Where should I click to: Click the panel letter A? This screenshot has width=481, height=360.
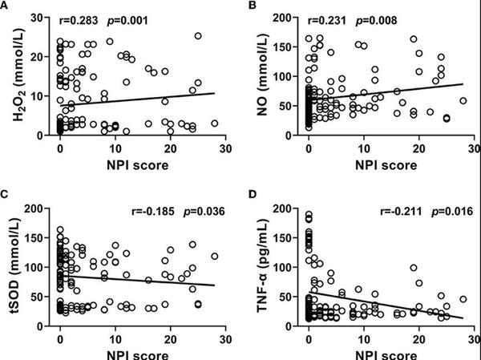coord(6,6)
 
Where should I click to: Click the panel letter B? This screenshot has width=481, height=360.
coord(251,6)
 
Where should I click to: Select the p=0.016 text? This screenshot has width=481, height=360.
coord(435,212)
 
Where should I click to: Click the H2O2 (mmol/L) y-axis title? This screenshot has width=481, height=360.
coord(16,78)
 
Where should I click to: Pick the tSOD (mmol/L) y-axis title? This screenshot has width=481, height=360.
coord(16,265)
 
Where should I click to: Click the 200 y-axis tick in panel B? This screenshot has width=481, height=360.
coord(290,18)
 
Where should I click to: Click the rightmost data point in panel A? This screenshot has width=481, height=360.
coord(214,123)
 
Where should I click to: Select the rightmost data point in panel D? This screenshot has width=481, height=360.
coord(463,300)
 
